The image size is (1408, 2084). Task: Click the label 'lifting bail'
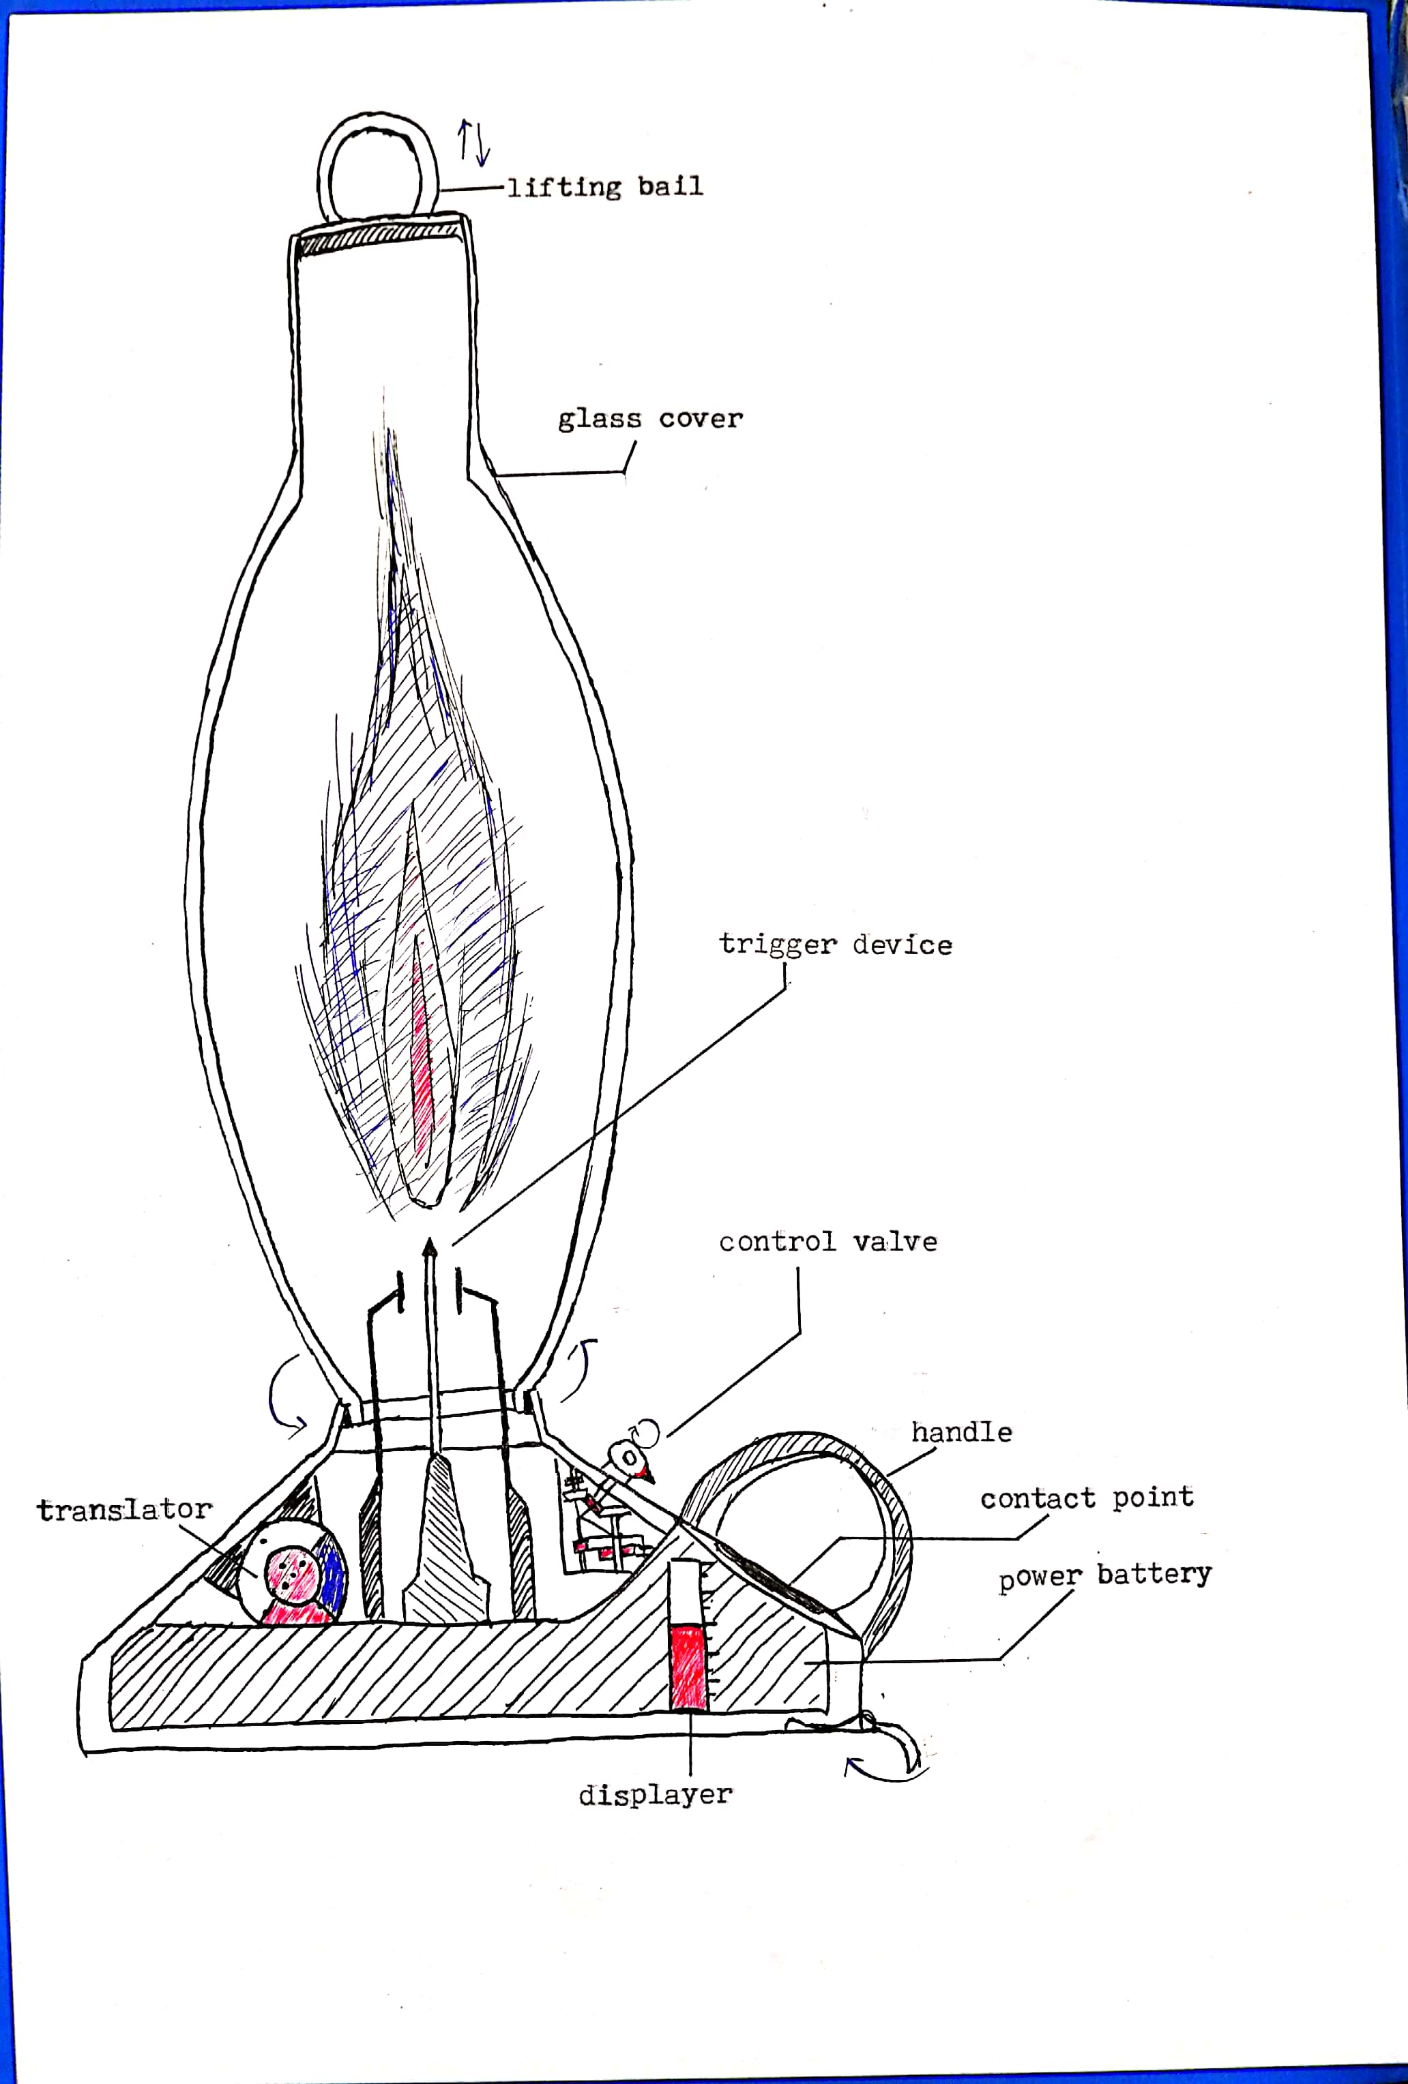[x=605, y=187]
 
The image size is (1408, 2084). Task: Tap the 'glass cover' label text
[x=650, y=419]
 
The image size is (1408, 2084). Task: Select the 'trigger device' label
[x=835, y=944]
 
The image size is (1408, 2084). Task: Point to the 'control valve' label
[x=827, y=1242]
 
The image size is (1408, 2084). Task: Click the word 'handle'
[x=961, y=1432]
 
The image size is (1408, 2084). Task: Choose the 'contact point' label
[x=1086, y=1498]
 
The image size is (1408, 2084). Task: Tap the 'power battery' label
[x=1105, y=1575]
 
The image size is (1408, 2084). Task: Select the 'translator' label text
[x=125, y=1509]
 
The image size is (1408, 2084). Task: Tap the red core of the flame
[x=422, y=1050]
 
